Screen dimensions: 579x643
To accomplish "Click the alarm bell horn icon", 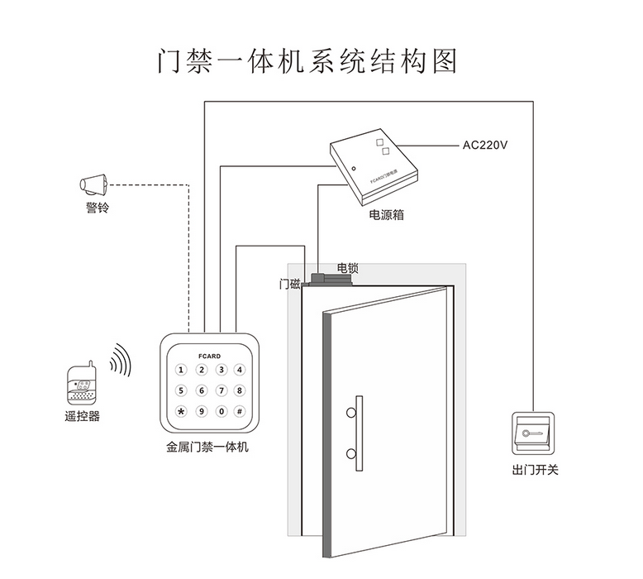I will point(95,184).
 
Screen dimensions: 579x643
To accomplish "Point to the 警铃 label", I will point(96,207).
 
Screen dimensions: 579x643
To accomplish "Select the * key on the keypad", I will point(181,411).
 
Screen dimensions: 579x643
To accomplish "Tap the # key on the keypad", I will point(240,411).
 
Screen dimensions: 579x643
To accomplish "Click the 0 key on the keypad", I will point(221,411).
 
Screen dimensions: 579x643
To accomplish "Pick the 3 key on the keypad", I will point(221,371).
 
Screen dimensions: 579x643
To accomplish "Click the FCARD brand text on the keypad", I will point(210,355).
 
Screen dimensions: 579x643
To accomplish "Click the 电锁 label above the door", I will point(347,269).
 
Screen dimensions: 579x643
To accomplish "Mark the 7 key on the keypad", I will point(221,390).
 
